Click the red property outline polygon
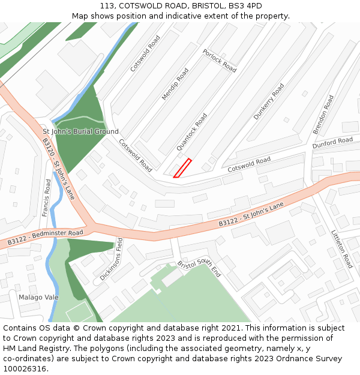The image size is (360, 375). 182,168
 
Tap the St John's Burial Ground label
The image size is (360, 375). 80,131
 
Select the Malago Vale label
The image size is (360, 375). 38,297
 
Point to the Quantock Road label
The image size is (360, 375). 192,132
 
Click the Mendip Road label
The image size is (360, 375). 175,84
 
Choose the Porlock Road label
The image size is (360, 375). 219,61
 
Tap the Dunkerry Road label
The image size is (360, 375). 268,101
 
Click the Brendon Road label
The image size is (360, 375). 323,114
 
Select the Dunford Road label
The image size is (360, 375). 332,143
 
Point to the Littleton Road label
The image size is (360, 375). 342,249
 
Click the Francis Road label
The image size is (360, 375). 47,197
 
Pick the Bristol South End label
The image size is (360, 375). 199,268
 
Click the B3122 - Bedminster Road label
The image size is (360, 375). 45,237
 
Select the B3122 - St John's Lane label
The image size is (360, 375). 251,215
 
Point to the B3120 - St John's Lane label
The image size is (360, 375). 58,169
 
